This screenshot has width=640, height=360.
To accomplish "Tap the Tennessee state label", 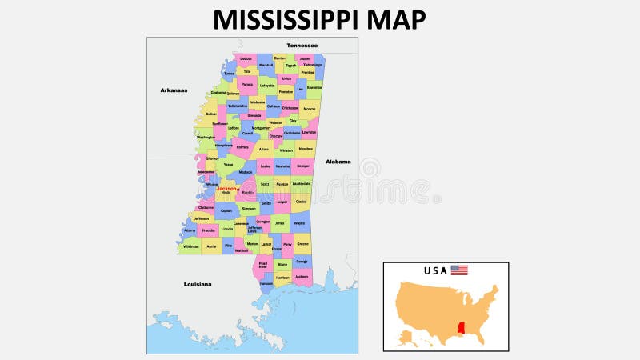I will (302, 45).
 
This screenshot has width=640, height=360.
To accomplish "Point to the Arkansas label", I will (174, 90).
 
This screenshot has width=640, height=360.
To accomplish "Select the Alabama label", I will (338, 161).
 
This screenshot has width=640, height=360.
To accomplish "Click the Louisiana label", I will (197, 283).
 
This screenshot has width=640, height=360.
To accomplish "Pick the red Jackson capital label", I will (226, 189).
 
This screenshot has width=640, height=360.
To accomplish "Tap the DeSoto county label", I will (246, 58).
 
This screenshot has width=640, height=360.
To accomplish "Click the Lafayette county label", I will (267, 85).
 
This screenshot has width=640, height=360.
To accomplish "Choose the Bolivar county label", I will (211, 114).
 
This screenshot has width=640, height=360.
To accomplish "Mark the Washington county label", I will (206, 137).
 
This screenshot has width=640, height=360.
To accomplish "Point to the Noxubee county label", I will (306, 149).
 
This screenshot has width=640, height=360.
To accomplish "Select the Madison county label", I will (246, 172).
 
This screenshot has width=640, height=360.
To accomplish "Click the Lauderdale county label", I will (302, 183).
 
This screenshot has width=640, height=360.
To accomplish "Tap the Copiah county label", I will (226, 211).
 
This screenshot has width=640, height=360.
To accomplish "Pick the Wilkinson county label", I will (190, 246).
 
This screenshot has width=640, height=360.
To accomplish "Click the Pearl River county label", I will (263, 264).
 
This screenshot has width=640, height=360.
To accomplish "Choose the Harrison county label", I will (282, 277).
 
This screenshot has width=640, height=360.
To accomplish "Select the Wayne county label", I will (298, 223).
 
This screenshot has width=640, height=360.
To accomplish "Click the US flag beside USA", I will (459, 270).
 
